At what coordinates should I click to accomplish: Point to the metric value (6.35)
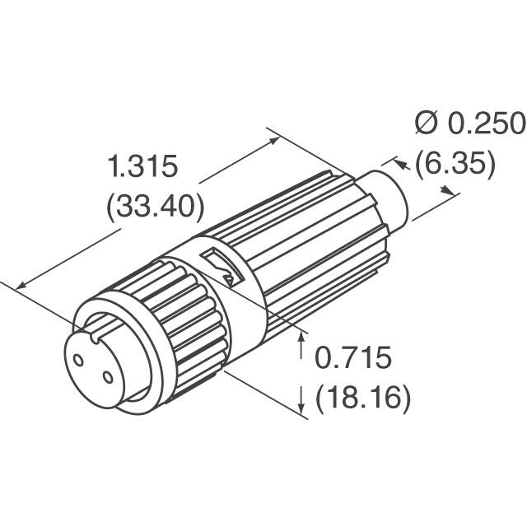[x=455, y=164]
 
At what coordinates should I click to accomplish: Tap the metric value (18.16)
[x=363, y=399]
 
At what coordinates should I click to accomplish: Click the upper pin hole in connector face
[x=80, y=360]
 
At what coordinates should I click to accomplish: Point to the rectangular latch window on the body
[x=218, y=266]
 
